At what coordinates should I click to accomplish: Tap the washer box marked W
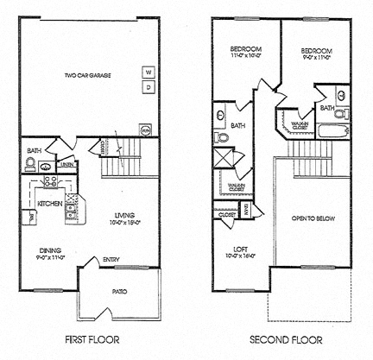coord(148,72)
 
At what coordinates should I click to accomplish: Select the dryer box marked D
coord(148,87)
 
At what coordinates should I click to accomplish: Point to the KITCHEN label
coord(49,204)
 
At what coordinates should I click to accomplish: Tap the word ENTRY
coord(111,259)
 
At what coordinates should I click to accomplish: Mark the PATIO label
coord(120,292)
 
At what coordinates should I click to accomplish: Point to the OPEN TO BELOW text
coord(313,218)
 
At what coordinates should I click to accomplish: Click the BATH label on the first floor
coord(34,151)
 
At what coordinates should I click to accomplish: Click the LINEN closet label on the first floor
coord(66,163)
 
